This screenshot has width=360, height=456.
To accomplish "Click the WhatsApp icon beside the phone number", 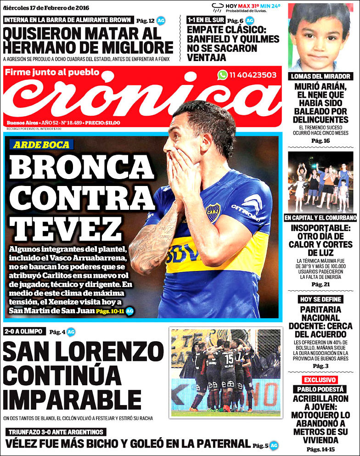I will pos(223,75).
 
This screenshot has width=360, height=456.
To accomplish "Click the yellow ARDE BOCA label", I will pos(41,145).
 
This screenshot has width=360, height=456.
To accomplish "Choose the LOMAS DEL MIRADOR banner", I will pos(321,76).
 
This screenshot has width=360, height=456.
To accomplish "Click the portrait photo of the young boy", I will pos(319,37).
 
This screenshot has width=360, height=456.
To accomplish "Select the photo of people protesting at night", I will pos(321,181).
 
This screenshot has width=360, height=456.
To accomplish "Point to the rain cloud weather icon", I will pos(217,7).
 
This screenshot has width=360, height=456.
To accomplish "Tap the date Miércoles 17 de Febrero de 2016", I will pos(46,8).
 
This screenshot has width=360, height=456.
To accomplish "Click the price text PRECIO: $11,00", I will pos(102,123).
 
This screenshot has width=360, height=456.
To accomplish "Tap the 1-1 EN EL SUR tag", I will pos(206,20).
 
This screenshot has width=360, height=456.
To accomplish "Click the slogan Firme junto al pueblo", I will pos(53,72).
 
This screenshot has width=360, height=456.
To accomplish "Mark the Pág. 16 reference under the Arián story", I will pos(321,141).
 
